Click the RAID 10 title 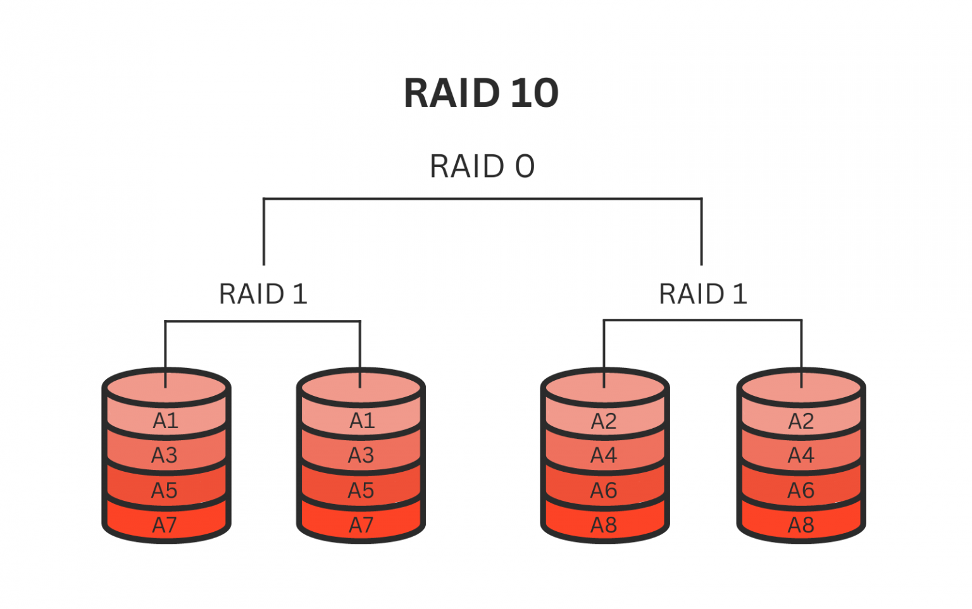pos(481,93)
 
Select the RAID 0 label pos(482,166)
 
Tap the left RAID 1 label pos(263,294)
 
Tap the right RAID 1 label pos(702,294)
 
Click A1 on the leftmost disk pos(166,421)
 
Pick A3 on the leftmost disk pos(165,455)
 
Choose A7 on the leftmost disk pos(165,525)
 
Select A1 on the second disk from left pos(362,421)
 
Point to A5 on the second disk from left pos(361,490)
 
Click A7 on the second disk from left pos(361,525)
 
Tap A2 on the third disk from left pos(604,421)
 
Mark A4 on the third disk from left pos(604,455)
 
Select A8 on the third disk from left pos(604,525)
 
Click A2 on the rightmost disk pos(801,421)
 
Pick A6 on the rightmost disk pos(801,490)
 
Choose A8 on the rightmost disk pos(801,525)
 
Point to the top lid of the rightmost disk pos(801,386)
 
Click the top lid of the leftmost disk pos(166,386)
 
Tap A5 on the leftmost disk pos(165,490)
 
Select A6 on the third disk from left pos(604,490)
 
